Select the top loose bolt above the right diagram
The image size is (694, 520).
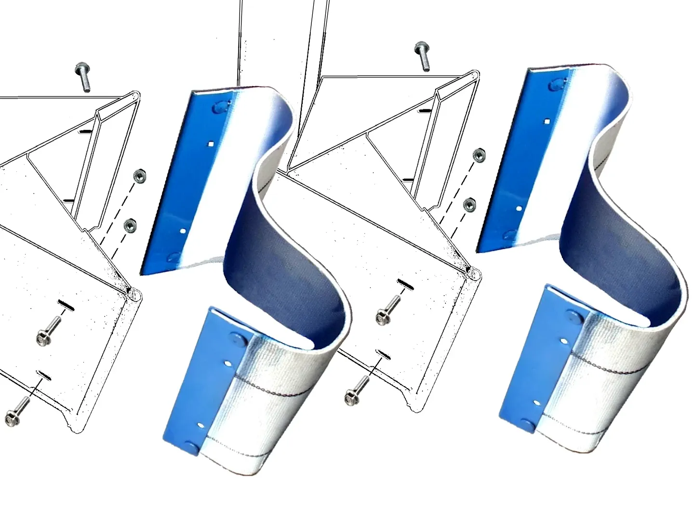pyautogui.click(x=422, y=56)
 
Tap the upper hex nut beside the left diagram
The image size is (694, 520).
pyautogui.click(x=138, y=175)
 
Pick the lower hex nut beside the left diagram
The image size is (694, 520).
pyautogui.click(x=130, y=225)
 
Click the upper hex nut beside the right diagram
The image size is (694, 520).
pyautogui.click(x=478, y=155)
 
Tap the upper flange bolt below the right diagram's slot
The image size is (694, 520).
pyautogui.click(x=387, y=312)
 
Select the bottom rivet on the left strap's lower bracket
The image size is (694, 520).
pyautogui.click(x=191, y=448)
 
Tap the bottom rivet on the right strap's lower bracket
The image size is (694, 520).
pyautogui.click(x=529, y=425)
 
